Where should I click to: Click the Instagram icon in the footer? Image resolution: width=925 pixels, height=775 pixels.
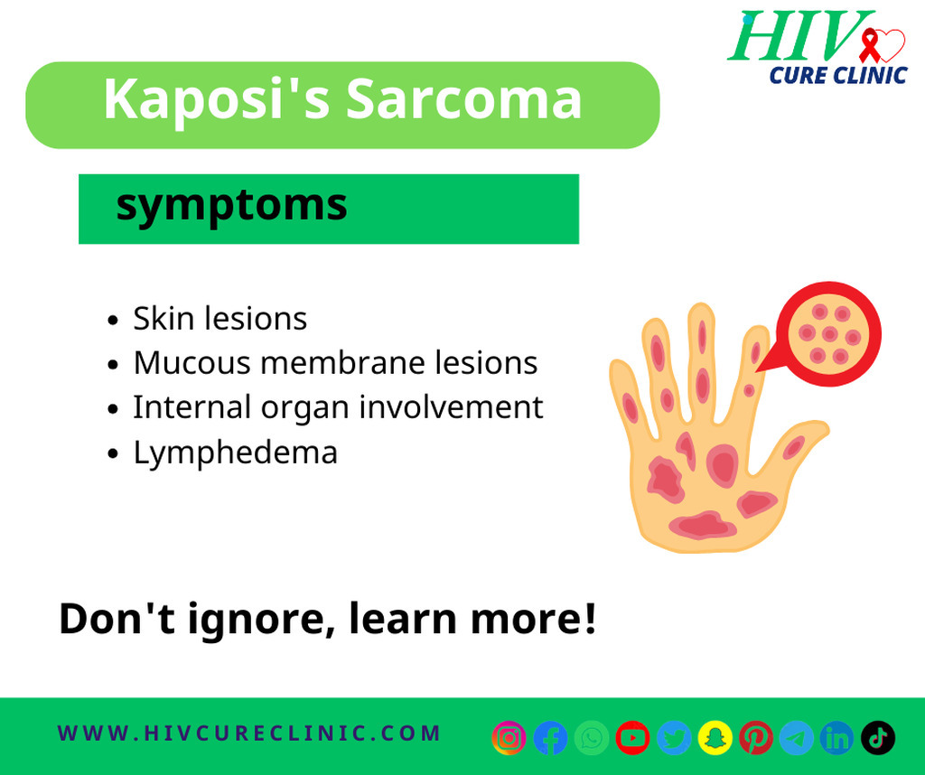(x=509, y=737)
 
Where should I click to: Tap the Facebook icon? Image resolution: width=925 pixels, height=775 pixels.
(x=550, y=737)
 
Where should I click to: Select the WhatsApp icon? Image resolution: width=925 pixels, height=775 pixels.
(x=592, y=737)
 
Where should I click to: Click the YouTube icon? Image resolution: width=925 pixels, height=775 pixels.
(x=632, y=737)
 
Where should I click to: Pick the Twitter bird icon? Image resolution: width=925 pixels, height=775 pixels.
(x=674, y=737)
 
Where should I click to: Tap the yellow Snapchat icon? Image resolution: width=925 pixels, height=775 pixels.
(x=715, y=737)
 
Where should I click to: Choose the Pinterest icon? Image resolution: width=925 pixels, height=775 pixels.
(x=756, y=737)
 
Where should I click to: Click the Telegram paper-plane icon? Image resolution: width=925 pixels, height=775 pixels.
(x=797, y=737)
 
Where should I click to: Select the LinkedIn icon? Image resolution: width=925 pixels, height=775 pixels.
(x=836, y=737)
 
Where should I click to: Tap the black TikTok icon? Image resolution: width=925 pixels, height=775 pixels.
(x=878, y=737)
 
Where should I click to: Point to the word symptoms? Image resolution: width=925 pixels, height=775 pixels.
(x=231, y=207)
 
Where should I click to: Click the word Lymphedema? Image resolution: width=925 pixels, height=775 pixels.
(x=236, y=453)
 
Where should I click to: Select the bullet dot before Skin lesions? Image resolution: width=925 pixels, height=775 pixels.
(x=113, y=321)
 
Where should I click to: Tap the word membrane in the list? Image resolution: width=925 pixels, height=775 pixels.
(x=342, y=362)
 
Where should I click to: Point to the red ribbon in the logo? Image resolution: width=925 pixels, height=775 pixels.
(x=869, y=45)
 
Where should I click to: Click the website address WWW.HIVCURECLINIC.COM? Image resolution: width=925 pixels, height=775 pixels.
(x=249, y=733)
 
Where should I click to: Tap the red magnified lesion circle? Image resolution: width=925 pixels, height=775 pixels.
(x=828, y=334)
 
